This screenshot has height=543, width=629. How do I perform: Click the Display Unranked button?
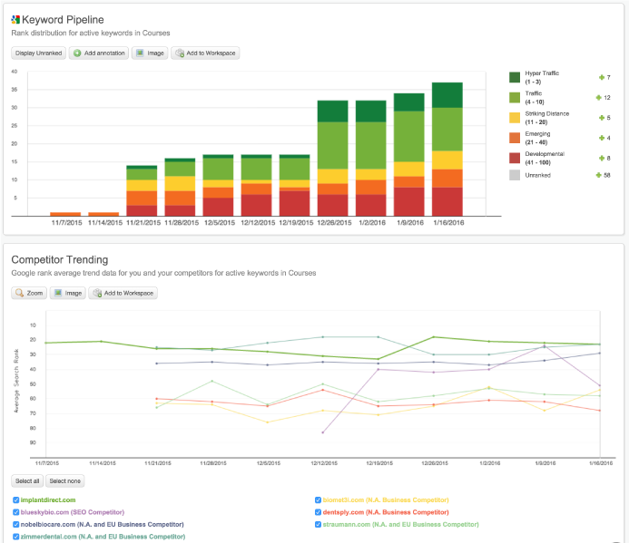(39, 53)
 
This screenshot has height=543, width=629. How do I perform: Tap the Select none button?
(64, 480)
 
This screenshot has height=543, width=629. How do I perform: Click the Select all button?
(26, 480)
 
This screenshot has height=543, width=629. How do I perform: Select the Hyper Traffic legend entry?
(540, 79)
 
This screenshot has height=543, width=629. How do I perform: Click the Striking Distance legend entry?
(546, 117)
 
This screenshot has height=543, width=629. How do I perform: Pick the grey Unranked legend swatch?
(515, 174)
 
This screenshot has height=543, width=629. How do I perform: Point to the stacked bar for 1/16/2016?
(447, 149)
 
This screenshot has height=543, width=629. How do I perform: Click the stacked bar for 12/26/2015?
(333, 158)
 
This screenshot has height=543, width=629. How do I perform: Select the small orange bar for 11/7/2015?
(65, 214)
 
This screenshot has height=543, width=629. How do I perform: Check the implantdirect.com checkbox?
(15, 499)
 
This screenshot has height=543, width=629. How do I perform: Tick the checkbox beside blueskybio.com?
(15, 512)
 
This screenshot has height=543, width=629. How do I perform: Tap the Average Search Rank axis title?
(15, 386)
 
